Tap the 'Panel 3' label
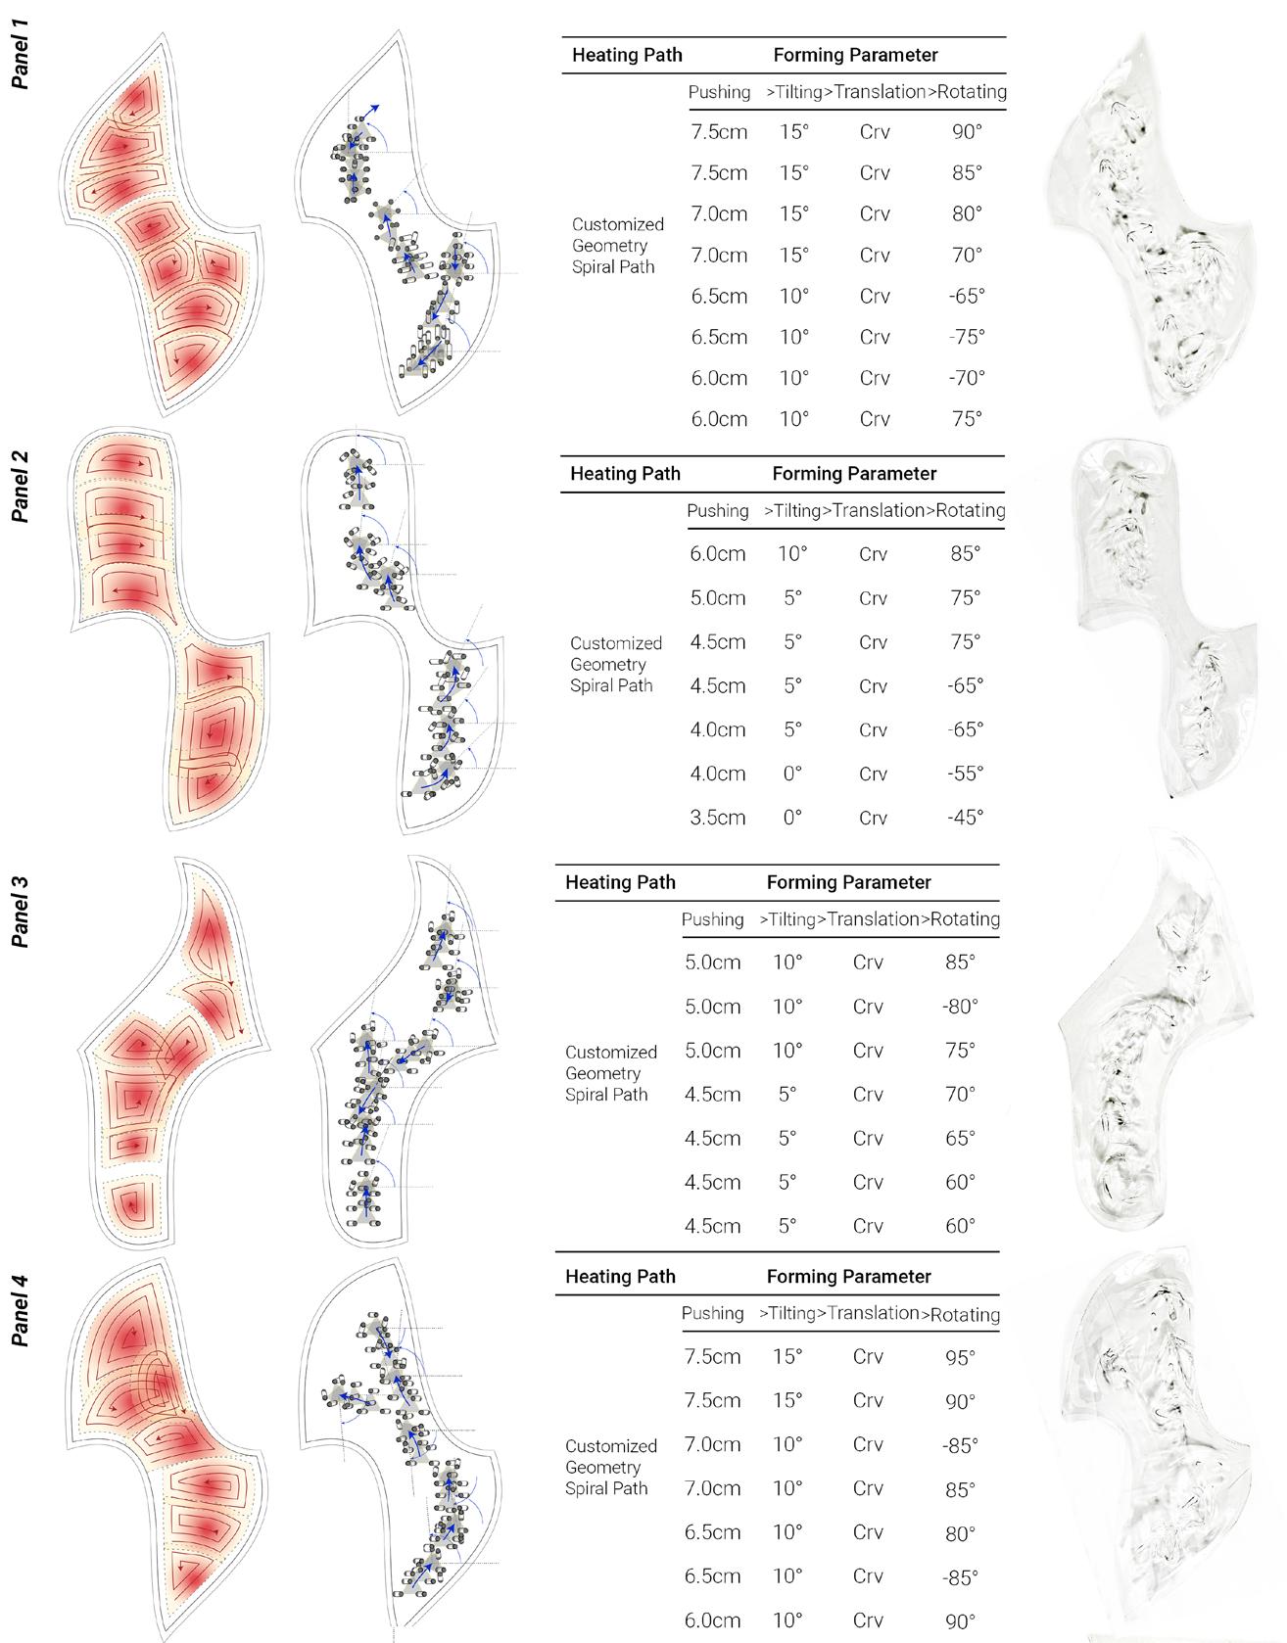coord(19,912)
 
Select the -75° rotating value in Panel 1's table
coord(966,337)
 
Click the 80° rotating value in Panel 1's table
coord(966,213)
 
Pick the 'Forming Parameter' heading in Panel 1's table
coord(855,55)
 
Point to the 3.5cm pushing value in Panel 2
coord(717,818)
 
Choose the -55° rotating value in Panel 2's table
coord(964,774)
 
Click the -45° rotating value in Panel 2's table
coord(964,818)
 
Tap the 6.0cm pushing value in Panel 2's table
coord(717,553)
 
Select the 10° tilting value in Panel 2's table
coord(792,553)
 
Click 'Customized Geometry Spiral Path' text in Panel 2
coord(616,664)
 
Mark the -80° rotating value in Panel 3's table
coord(960,1007)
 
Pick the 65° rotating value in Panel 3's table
coord(960,1138)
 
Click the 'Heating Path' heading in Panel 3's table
coord(620,882)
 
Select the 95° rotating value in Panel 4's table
coord(960,1357)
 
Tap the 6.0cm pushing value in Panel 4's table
coord(712,1620)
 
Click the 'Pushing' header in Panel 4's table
coord(712,1313)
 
